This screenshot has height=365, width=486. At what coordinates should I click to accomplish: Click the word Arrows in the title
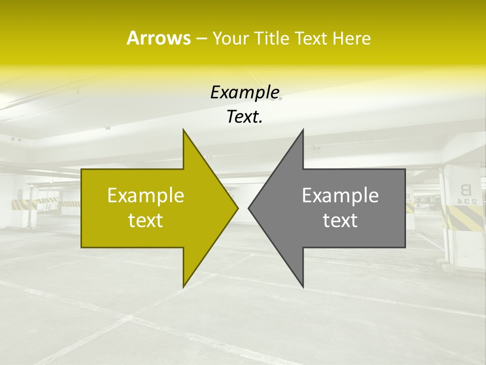point(158,38)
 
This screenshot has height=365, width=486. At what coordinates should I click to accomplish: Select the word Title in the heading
point(275,39)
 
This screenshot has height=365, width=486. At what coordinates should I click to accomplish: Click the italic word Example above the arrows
point(245,92)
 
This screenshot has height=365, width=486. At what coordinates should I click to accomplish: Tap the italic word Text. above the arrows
point(245,117)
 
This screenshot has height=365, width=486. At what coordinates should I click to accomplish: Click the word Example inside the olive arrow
point(146,195)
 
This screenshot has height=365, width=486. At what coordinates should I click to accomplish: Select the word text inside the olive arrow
point(146,220)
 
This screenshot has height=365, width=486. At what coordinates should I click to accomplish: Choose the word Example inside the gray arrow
point(340,195)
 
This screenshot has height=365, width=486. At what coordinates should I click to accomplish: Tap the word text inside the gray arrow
point(340,220)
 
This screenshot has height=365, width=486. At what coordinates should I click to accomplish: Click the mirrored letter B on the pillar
point(465,190)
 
